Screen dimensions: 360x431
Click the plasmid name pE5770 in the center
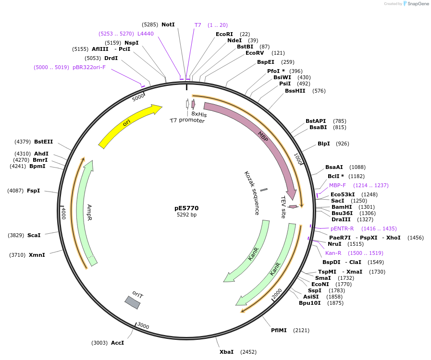tap(186, 208)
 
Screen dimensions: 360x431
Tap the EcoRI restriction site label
tap(224, 34)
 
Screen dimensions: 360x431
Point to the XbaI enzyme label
tap(226, 352)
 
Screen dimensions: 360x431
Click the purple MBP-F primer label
tap(337, 185)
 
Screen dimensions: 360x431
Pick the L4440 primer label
tap(146, 34)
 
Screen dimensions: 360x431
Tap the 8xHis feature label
tap(199, 114)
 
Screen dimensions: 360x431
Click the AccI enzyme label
tap(117, 343)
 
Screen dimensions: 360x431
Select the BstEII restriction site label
tap(43, 142)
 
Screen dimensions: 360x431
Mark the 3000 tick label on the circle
tap(143, 326)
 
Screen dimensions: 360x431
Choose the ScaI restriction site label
tap(34, 235)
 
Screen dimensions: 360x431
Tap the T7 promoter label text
tap(187, 121)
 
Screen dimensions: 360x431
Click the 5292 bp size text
tap(186, 215)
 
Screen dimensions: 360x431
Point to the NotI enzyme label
tap(168, 24)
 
